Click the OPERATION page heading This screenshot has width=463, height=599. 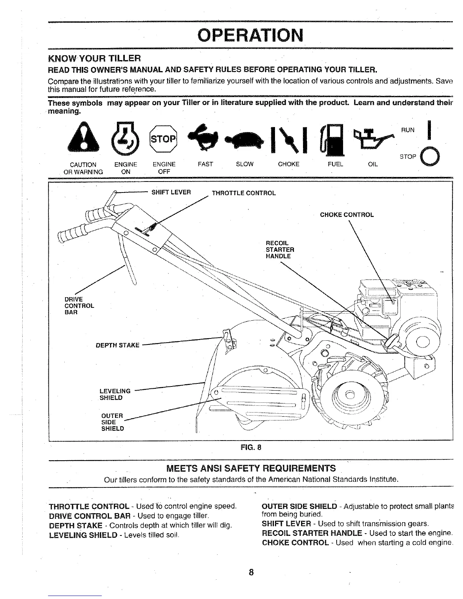click(x=250, y=35)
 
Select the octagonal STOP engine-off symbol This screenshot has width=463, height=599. click(x=163, y=138)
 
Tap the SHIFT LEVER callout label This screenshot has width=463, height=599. click(x=171, y=192)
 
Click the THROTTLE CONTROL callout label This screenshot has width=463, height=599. click(x=244, y=193)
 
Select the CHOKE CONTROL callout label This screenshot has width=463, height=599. click(x=346, y=215)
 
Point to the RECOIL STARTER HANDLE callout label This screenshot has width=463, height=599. click(x=280, y=250)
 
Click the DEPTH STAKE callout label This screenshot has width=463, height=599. click(x=118, y=345)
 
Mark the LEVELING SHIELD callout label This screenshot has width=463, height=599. click(x=115, y=394)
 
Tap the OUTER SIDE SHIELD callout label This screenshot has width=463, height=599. click(x=112, y=422)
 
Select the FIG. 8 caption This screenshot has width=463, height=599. click(x=251, y=448)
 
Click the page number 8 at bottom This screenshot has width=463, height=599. click(x=251, y=572)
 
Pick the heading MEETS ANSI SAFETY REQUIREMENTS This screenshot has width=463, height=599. click(x=251, y=469)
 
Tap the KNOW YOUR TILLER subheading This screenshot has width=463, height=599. click(x=95, y=58)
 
